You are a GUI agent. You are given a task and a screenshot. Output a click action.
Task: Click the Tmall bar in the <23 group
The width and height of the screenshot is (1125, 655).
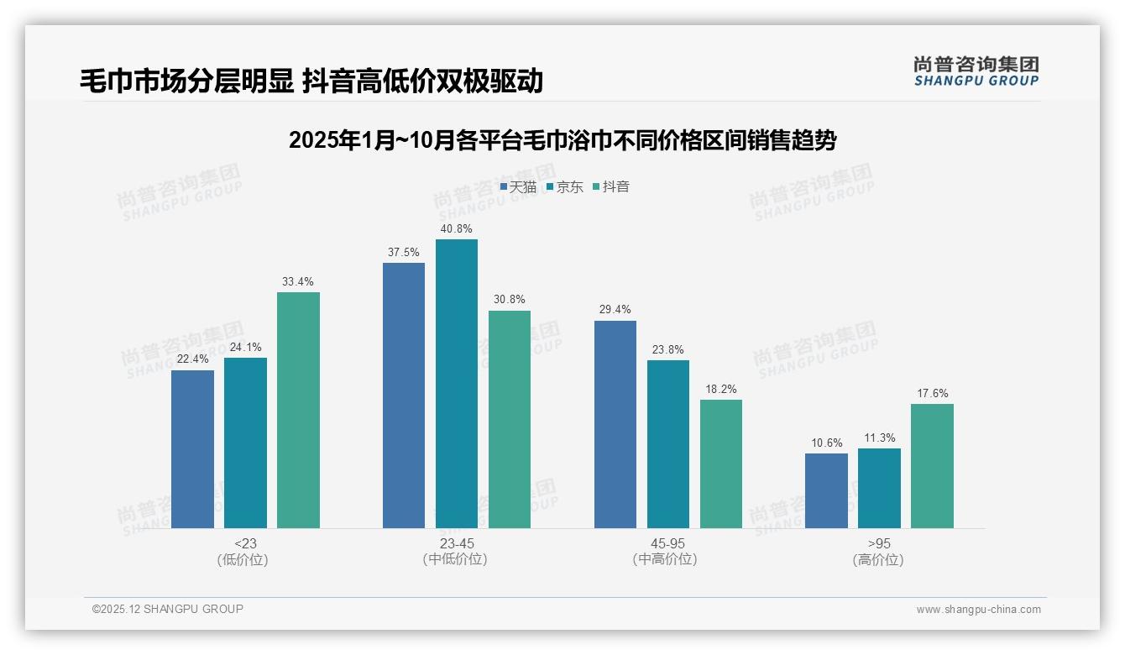pyautogui.click(x=192, y=449)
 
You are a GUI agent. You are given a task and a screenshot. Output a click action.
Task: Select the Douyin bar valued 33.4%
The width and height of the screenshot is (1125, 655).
pyautogui.click(x=298, y=410)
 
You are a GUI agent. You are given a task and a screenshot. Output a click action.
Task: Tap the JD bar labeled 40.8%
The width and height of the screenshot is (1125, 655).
pyautogui.click(x=456, y=384)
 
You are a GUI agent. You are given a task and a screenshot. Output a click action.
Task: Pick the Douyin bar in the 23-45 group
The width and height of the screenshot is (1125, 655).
pyautogui.click(x=510, y=419)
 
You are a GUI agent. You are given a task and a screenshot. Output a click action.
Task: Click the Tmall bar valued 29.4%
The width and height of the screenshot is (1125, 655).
pyautogui.click(x=615, y=424)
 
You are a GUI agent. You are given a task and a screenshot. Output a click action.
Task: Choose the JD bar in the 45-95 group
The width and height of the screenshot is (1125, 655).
pyautogui.click(x=668, y=444)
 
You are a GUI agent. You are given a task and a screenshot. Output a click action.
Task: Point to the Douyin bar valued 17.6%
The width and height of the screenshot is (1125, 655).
pyautogui.click(x=932, y=466)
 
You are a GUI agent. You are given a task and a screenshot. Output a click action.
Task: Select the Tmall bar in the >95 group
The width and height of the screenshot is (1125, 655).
pyautogui.click(x=826, y=490)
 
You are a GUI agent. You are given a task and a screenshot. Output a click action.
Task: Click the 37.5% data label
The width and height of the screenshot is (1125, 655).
pyautogui.click(x=404, y=252)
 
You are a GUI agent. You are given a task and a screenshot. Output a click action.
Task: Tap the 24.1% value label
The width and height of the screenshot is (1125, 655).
pyautogui.click(x=245, y=347)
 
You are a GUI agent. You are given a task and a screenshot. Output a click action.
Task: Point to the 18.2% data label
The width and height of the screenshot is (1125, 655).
pyautogui.click(x=721, y=389)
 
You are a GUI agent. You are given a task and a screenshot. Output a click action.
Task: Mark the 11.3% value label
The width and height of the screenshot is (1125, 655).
pyautogui.click(x=879, y=438)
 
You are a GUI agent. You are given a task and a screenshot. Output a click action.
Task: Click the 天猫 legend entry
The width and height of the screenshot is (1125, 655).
pyautogui.click(x=518, y=187)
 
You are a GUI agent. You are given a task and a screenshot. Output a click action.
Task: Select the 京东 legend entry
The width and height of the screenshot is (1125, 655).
pyautogui.click(x=565, y=187)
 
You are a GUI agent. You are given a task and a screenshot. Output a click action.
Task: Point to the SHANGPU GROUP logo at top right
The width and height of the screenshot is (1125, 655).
pyautogui.click(x=976, y=71)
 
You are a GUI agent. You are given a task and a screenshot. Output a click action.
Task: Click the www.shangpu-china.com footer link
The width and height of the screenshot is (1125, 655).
pyautogui.click(x=978, y=610)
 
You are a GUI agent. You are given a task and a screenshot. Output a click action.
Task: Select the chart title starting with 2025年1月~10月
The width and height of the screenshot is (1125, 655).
pyautogui.click(x=562, y=140)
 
